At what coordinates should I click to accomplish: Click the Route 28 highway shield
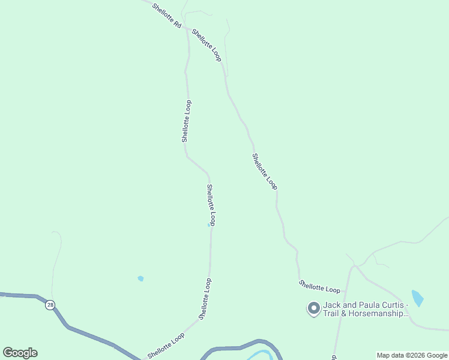50,305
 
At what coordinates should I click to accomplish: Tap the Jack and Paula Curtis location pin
313,308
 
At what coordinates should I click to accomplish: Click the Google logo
20,352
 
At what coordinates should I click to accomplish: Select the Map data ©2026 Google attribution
412,355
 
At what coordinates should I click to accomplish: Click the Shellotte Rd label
166,17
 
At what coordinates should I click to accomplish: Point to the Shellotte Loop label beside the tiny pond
211,205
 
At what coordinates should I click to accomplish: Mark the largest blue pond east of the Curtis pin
417,298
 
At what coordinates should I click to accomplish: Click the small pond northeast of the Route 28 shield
140,278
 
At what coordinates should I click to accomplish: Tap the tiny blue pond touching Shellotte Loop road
209,225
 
